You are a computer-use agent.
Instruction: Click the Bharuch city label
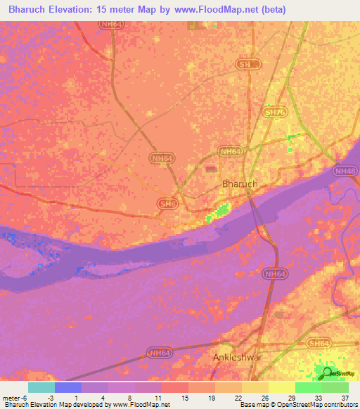(x=240, y=183)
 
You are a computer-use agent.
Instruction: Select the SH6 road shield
(x=167, y=203)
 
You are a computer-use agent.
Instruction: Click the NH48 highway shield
(x=345, y=171)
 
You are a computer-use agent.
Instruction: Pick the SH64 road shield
(x=319, y=342)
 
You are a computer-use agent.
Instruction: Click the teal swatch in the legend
(x=41, y=387)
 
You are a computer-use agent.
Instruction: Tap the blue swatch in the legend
(x=68, y=387)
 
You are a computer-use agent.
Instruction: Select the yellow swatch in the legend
(x=282, y=387)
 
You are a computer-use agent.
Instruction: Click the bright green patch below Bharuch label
(x=221, y=210)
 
